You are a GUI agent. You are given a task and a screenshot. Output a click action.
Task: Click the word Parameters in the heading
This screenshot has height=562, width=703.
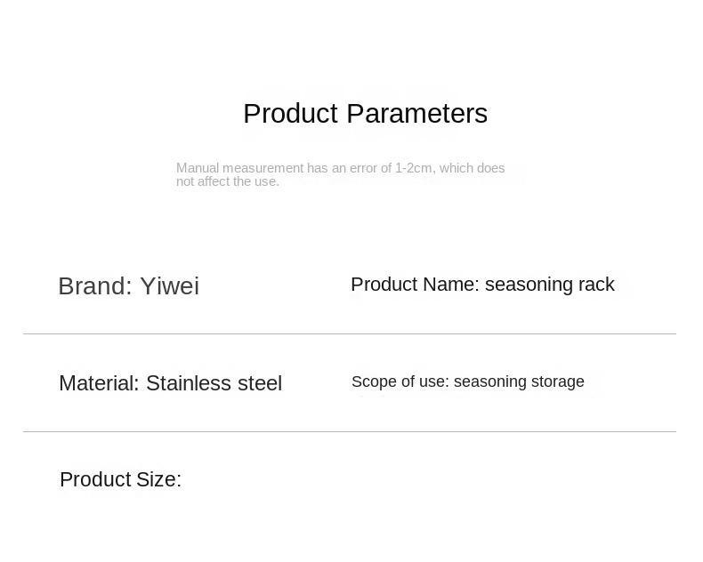(417, 114)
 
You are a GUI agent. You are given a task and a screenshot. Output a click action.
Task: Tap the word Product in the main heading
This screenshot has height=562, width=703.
(290, 114)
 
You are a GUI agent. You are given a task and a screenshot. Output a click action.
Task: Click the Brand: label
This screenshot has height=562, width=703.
(95, 286)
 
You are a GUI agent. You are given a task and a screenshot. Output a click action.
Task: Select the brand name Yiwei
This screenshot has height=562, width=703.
(169, 286)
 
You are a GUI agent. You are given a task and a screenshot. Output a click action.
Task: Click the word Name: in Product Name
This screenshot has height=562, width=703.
(451, 285)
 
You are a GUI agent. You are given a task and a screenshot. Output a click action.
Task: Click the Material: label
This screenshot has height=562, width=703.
(99, 383)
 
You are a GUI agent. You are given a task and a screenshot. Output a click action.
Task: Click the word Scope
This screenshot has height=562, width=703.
(368, 382)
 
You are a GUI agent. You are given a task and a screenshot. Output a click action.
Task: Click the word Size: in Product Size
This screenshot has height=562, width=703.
(158, 479)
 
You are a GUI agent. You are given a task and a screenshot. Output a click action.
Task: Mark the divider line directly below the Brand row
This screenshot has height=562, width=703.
(350, 333)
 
